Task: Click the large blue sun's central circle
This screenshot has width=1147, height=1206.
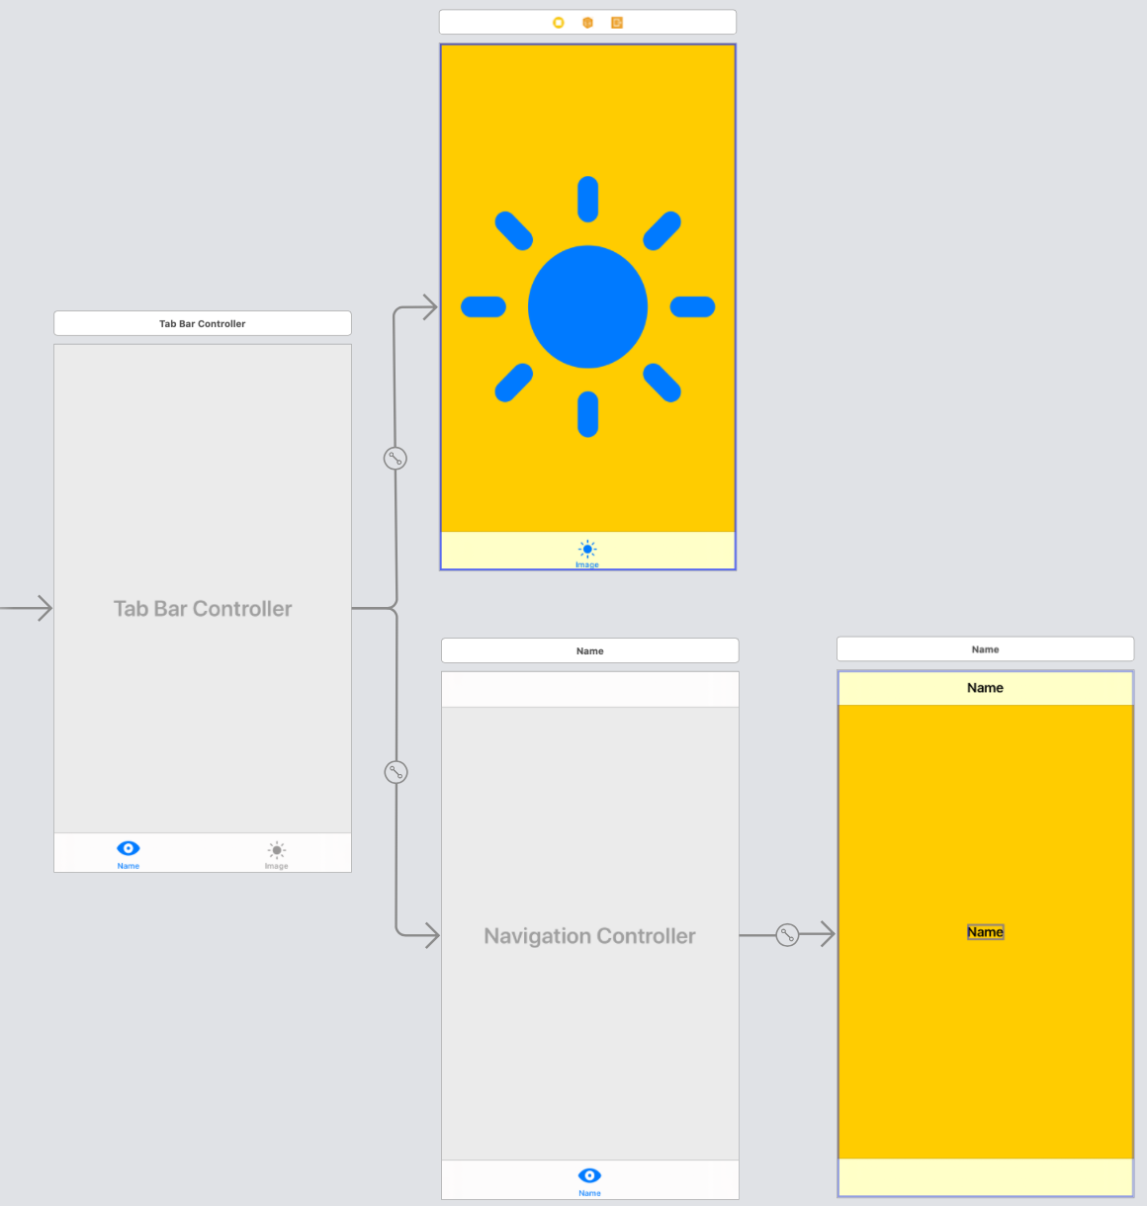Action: pyautogui.click(x=587, y=306)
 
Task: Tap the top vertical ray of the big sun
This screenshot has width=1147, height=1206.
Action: pyautogui.click(x=587, y=199)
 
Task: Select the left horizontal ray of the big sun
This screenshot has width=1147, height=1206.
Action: pyautogui.click(x=484, y=306)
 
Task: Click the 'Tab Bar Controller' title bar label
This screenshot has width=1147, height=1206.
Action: pyautogui.click(x=202, y=323)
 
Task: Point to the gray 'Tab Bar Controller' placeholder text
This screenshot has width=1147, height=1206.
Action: pyautogui.click(x=203, y=609)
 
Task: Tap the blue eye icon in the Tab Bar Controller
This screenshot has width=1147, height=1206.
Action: pyautogui.click(x=129, y=848)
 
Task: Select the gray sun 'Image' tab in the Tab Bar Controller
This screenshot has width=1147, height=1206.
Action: pyautogui.click(x=277, y=852)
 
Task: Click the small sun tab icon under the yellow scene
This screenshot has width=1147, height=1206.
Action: pyautogui.click(x=587, y=550)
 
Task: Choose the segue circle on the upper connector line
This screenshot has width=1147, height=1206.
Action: pyautogui.click(x=396, y=458)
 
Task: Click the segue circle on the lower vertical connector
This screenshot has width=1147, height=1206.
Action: pyautogui.click(x=396, y=772)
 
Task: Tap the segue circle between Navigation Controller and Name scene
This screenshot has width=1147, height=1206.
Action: pyautogui.click(x=787, y=934)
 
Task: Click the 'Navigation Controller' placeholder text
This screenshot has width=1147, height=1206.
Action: pyautogui.click(x=589, y=936)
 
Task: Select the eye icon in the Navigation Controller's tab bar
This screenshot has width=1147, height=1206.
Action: pyautogui.click(x=589, y=1175)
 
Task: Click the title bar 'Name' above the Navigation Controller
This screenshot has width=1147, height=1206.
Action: pyautogui.click(x=589, y=650)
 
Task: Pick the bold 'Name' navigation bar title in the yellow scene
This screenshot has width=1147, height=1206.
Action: pyautogui.click(x=985, y=688)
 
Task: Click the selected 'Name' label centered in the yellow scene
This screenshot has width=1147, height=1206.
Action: pyautogui.click(x=985, y=932)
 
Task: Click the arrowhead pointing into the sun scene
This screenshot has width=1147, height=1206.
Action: pyautogui.click(x=429, y=307)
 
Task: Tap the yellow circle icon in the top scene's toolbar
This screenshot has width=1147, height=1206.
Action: pyautogui.click(x=559, y=23)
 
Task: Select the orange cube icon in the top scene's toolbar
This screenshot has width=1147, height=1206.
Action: pyautogui.click(x=587, y=23)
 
